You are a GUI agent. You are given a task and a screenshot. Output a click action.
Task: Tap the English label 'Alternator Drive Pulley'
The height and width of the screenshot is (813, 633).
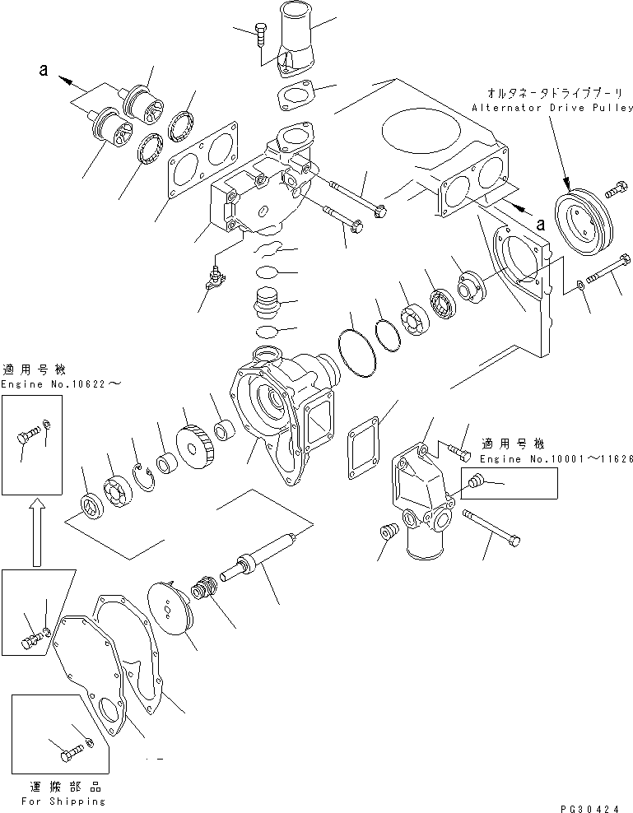tap(552, 108)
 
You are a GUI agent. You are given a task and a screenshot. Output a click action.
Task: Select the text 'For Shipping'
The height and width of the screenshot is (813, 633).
tap(64, 800)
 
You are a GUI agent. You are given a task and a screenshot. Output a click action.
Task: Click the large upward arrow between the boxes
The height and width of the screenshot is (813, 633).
tap(35, 534)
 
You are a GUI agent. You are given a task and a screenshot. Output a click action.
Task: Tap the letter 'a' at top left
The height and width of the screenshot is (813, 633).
tap(42, 72)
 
